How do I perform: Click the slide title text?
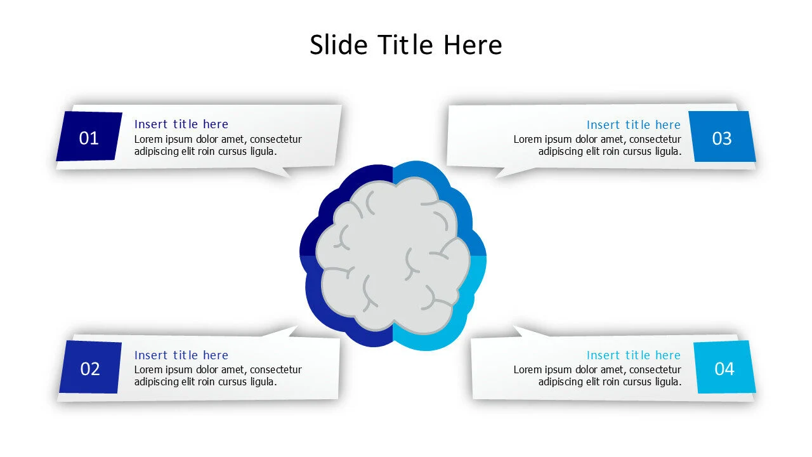click(x=405, y=45)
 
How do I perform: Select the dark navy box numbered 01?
click(x=89, y=137)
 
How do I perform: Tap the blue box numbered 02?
click(x=90, y=368)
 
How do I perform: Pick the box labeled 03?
click(x=722, y=138)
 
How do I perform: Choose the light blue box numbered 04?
click(x=724, y=368)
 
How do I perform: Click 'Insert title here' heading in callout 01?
click(x=181, y=124)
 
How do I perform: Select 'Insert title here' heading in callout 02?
click(x=181, y=355)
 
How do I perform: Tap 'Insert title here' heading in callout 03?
click(x=633, y=125)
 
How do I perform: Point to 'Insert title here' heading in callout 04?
click(x=633, y=355)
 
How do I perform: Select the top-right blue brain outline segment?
click(x=454, y=190)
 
